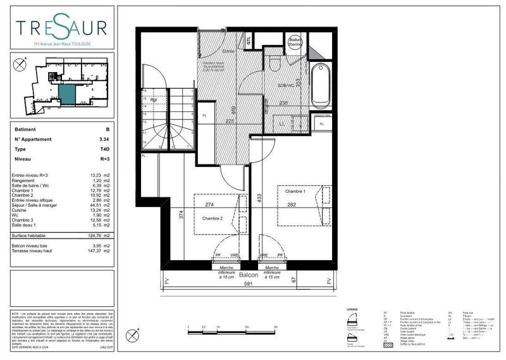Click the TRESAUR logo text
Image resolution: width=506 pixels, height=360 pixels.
[x=62, y=29]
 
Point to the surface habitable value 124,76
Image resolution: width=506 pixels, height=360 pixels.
[x=94, y=235]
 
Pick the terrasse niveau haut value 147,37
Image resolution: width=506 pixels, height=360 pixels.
[x=94, y=251]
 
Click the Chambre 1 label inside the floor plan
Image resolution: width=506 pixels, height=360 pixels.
[x=295, y=191]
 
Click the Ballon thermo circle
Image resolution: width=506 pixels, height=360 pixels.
[x=295, y=43]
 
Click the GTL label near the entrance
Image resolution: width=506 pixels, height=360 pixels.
[x=249, y=40]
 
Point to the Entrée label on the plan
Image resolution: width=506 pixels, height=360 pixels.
[x=228, y=51]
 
